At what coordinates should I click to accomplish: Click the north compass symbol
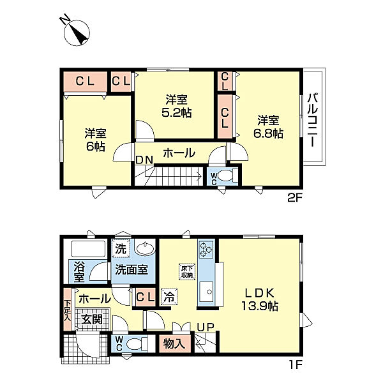tap(77, 33)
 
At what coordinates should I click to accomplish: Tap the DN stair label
tap(144, 160)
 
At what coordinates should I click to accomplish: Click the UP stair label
tap(206, 327)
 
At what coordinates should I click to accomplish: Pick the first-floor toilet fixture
tap(137, 344)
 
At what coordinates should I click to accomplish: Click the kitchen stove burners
tap(206, 250)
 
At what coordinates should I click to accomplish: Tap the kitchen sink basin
tap(206, 292)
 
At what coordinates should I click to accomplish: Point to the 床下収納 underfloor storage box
tap(187, 271)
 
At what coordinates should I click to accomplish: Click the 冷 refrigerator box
tap(169, 297)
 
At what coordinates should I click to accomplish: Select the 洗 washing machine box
tap(121, 249)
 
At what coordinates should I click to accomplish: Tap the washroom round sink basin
tap(145, 249)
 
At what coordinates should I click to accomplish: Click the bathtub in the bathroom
tap(88, 249)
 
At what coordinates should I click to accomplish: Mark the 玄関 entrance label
tap(92, 319)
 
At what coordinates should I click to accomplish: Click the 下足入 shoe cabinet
tap(68, 310)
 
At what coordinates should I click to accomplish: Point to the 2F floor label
tap(295, 198)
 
